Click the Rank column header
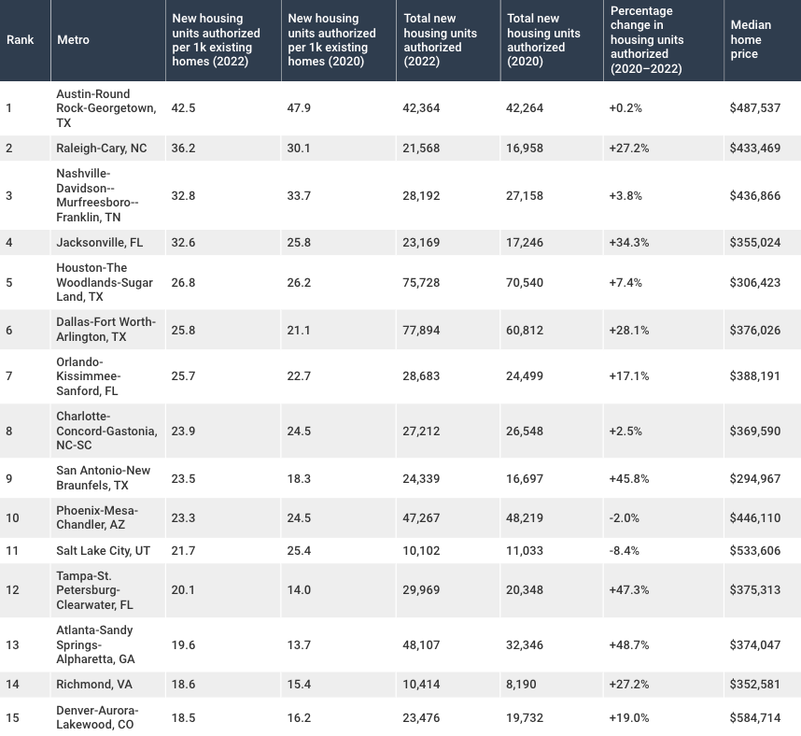pyautogui.click(x=20, y=40)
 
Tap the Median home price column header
pyautogui.click(x=751, y=39)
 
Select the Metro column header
pyautogui.click(x=73, y=40)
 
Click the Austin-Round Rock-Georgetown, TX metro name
pyautogui.click(x=106, y=108)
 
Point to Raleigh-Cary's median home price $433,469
pyautogui.click(x=755, y=149)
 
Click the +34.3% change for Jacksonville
pyautogui.click(x=629, y=242)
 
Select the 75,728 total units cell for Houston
pyautogui.click(x=421, y=283)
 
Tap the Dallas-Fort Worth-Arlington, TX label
pyautogui.click(x=105, y=330)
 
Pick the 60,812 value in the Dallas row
pyautogui.click(x=525, y=331)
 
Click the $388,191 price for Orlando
pyautogui.click(x=755, y=376)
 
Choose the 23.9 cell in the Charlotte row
pyautogui.click(x=183, y=431)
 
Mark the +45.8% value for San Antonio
pyautogui.click(x=629, y=479)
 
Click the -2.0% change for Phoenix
pyautogui.click(x=625, y=517)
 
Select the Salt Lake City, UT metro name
pyautogui.click(x=104, y=551)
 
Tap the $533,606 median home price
pyautogui.click(x=755, y=551)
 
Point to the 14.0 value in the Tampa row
pyautogui.click(x=299, y=589)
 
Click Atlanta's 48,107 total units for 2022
pyautogui.click(x=421, y=645)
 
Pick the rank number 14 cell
pyautogui.click(x=12, y=685)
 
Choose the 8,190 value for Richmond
pyautogui.click(x=521, y=685)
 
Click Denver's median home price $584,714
pyautogui.click(x=755, y=717)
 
